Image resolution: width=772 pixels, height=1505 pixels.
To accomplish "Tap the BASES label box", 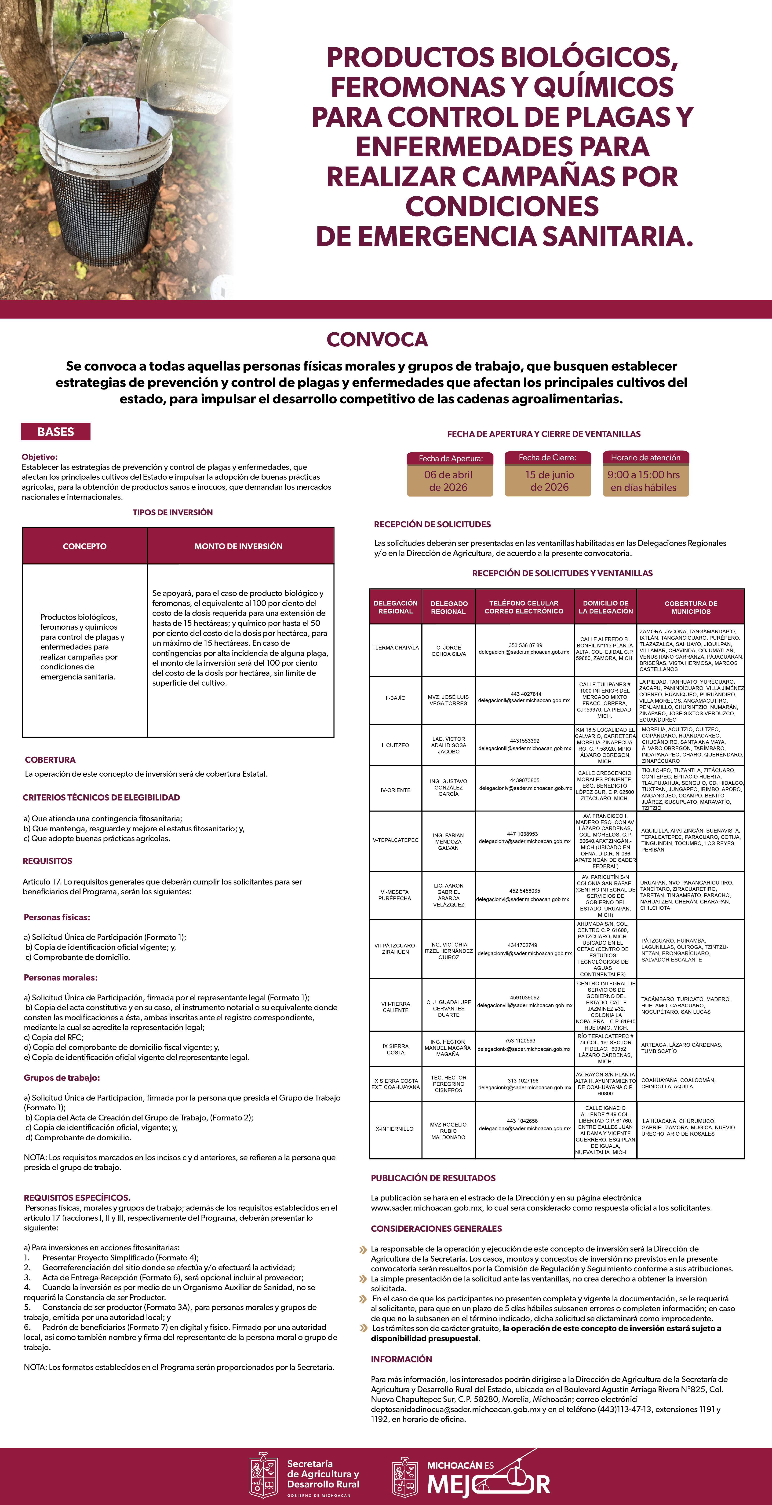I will [x=55, y=432].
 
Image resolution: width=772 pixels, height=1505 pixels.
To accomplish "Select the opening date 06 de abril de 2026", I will [x=448, y=481].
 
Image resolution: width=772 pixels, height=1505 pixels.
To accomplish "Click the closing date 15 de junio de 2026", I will [x=549, y=481].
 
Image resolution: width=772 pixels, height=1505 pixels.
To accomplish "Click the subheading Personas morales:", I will [x=61, y=977].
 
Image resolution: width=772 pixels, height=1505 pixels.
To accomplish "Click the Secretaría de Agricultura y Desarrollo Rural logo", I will [x=304, y=1475].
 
